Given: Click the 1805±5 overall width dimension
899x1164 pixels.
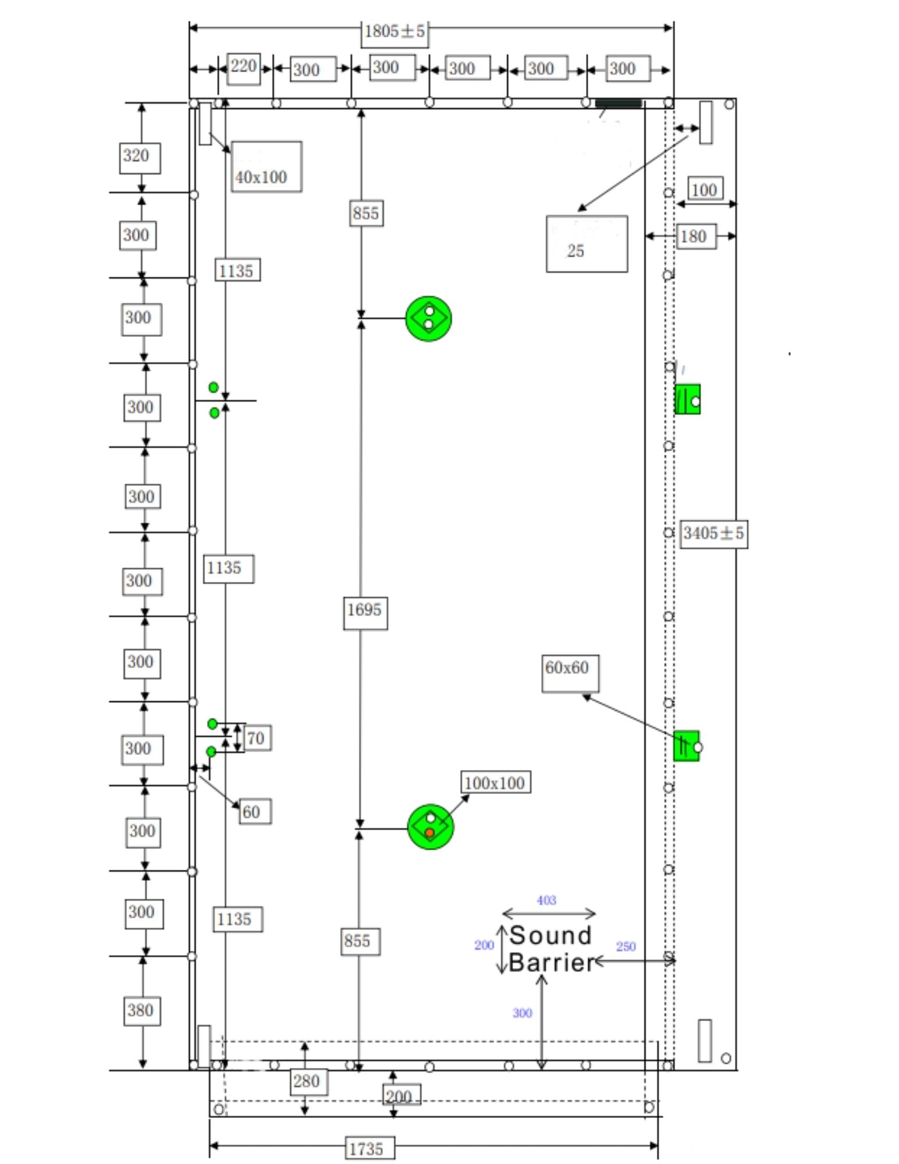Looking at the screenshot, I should [395, 31].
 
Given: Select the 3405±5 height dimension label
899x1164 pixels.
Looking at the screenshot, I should [713, 533].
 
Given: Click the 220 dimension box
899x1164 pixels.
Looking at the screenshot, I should [243, 67].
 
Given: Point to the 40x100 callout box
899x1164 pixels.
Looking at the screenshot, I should [266, 167].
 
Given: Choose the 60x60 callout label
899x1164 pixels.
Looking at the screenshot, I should [570, 673].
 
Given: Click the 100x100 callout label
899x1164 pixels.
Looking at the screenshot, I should [495, 783].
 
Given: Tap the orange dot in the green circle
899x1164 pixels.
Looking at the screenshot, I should [429, 833].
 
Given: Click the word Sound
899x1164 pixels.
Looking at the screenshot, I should [550, 936].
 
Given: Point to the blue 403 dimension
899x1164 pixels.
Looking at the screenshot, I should [546, 900].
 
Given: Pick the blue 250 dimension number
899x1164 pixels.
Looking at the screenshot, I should [626, 946].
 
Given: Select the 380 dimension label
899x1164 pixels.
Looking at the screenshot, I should [141, 1010].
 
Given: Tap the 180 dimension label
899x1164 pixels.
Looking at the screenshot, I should [695, 236].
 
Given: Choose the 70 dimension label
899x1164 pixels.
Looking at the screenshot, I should [257, 738].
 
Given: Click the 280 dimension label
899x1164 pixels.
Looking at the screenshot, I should [307, 1081].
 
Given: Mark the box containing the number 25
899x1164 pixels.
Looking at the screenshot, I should [587, 244].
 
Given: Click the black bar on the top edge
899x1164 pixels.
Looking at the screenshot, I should [618, 104].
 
